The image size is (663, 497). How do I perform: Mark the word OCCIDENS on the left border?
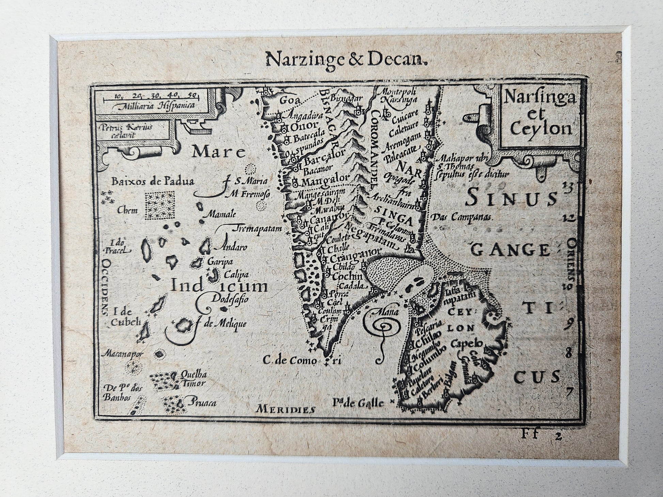106,288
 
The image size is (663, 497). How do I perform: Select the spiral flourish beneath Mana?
385,327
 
